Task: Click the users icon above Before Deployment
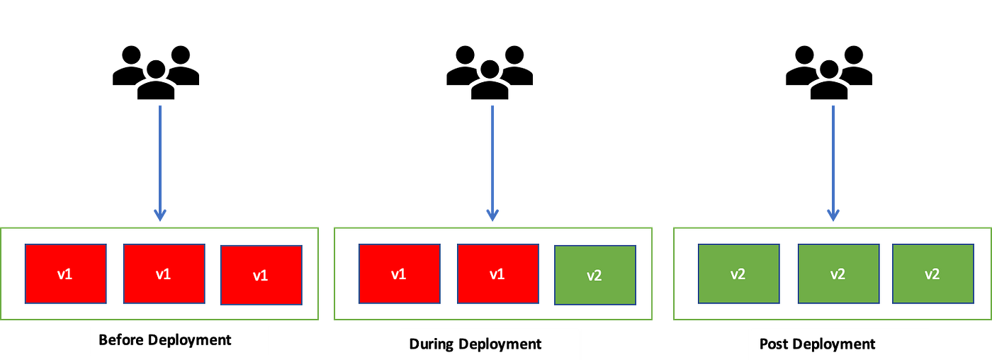coord(156,72)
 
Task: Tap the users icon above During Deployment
coord(490,72)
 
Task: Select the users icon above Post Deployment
coord(829,72)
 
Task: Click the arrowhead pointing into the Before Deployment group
coord(160,215)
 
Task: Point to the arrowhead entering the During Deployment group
coord(492,215)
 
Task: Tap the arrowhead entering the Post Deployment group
coord(833,215)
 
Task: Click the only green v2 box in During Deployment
coord(595,275)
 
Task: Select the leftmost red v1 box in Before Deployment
coord(65,274)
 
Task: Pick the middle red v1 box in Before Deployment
coord(164,274)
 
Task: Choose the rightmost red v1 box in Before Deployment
coord(261,275)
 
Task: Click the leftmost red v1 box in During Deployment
coord(400,274)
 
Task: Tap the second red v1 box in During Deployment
coord(498,274)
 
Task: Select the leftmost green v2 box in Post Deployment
coord(738,274)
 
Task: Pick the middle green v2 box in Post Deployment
coord(839,274)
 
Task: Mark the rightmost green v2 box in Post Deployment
coord(933,274)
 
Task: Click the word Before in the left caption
coord(121,339)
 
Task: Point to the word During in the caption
coord(432,344)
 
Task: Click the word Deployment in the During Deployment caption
coord(500,344)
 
